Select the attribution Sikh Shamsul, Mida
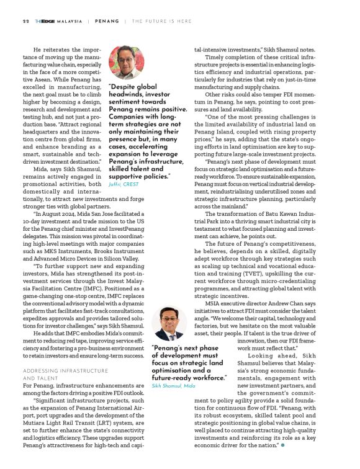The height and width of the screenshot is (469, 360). [173, 386]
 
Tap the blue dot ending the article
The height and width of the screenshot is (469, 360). [283, 444]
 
